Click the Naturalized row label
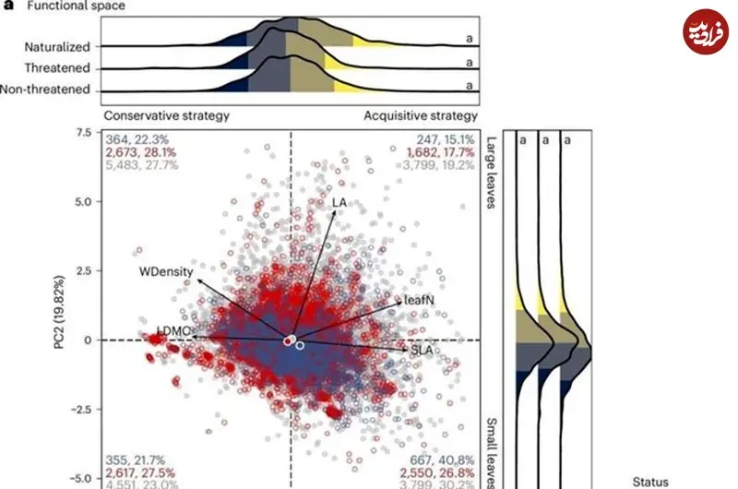56,45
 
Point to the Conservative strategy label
166,116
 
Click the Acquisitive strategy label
421,116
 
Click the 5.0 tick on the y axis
83,201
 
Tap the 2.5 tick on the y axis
83,270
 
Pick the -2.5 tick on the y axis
81,409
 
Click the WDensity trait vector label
163,272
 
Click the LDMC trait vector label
174,329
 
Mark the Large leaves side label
490,172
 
